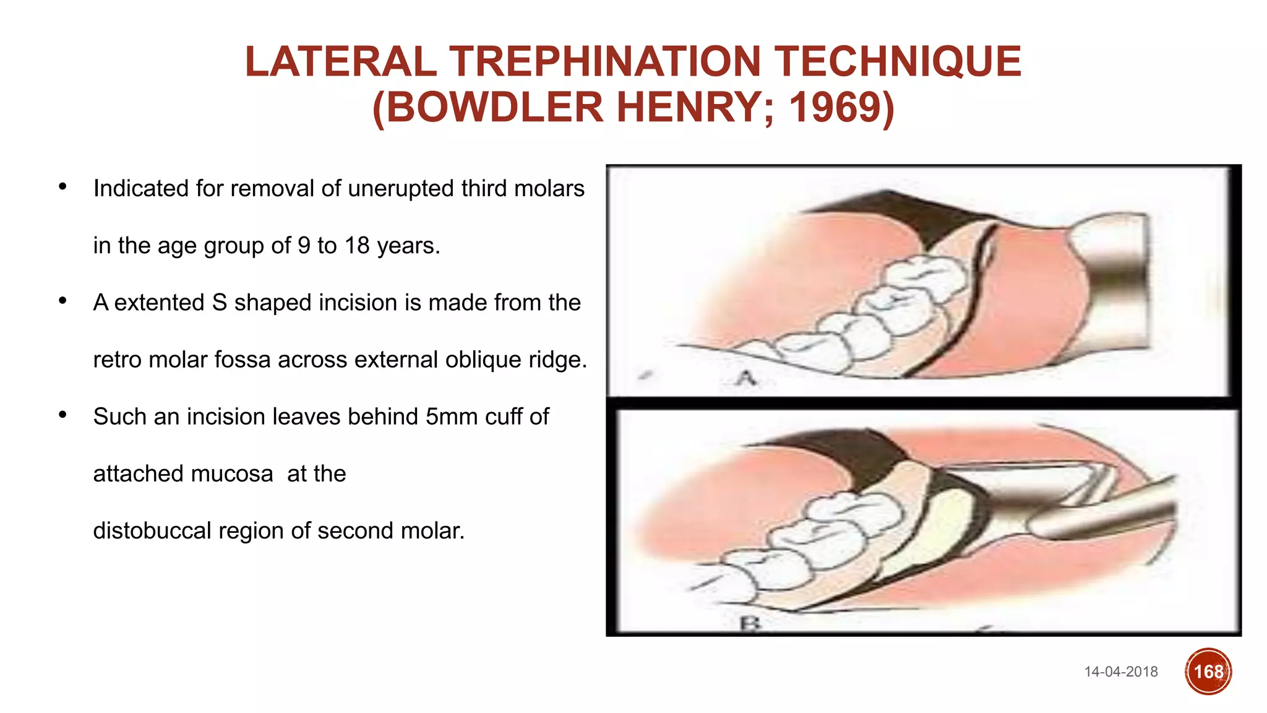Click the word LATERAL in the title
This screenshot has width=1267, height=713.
coord(341,62)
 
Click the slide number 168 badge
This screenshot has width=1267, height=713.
coord(1208,672)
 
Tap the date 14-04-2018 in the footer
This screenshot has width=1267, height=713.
coord(1120,672)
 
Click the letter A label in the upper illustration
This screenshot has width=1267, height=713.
coord(747,378)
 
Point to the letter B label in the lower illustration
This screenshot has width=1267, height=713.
coord(750,623)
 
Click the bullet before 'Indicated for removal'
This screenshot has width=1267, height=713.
coord(62,186)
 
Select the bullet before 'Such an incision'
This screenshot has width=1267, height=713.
coord(62,415)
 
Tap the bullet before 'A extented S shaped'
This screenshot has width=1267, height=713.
coord(62,301)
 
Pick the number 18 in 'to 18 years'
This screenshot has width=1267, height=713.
coord(357,246)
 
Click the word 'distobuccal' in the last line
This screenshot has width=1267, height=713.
coord(158,531)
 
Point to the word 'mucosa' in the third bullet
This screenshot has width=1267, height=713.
coord(232,474)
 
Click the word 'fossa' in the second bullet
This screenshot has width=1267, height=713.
coord(243,360)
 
